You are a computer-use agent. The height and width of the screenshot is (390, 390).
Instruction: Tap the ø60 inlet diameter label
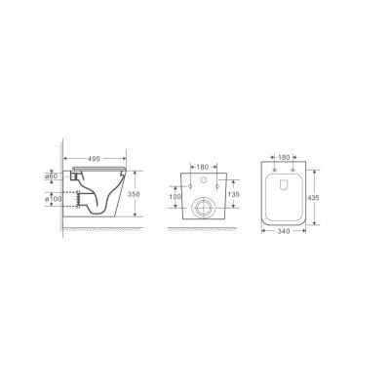click(x=52, y=175)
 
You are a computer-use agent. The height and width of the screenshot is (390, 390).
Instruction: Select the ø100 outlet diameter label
click(x=53, y=199)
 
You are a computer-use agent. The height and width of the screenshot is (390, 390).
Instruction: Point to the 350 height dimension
click(x=134, y=194)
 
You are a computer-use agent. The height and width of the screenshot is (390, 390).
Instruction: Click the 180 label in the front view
click(x=203, y=167)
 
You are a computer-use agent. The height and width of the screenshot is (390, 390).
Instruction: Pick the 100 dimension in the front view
click(x=175, y=197)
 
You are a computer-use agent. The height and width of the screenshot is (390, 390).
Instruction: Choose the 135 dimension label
click(x=233, y=194)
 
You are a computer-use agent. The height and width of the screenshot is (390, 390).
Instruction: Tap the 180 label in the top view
click(x=284, y=158)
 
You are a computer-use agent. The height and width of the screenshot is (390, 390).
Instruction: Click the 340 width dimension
click(x=284, y=231)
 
